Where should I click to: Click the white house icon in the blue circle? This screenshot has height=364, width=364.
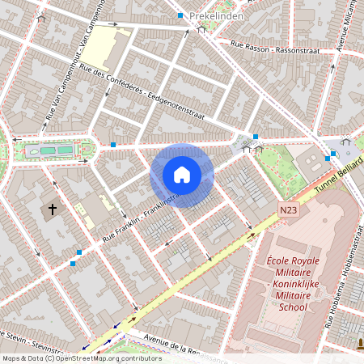(182, 175)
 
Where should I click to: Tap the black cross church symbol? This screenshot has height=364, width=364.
(53, 210)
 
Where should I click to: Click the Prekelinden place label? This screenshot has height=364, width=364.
(217, 15)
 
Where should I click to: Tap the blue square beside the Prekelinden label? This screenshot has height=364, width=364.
(180, 15)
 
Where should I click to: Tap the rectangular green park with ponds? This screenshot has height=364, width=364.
(55, 150)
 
